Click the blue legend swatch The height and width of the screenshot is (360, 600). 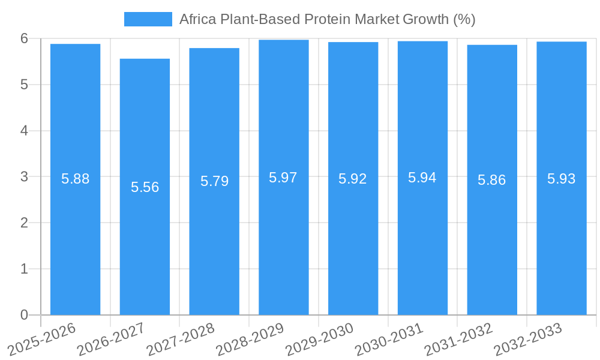pyautogui.click(x=148, y=19)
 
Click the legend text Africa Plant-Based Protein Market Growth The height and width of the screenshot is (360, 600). pyautogui.click(x=328, y=19)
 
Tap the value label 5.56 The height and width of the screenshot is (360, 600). pyautogui.click(x=145, y=187)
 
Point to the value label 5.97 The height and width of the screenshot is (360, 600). pyautogui.click(x=283, y=178)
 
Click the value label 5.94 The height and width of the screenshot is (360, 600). pyautogui.click(x=422, y=178)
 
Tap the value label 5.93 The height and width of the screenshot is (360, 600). pyautogui.click(x=562, y=179)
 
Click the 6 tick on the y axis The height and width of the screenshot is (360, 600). pyautogui.click(x=25, y=38)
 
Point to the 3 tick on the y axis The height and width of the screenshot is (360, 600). pyautogui.click(x=25, y=177)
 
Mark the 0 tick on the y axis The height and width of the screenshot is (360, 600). pyautogui.click(x=25, y=315)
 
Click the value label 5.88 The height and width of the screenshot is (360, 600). pyautogui.click(x=75, y=179)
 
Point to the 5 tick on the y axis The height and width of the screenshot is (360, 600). pyautogui.click(x=25, y=85)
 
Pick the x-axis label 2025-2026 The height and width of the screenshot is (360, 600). pyautogui.click(x=43, y=337)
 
